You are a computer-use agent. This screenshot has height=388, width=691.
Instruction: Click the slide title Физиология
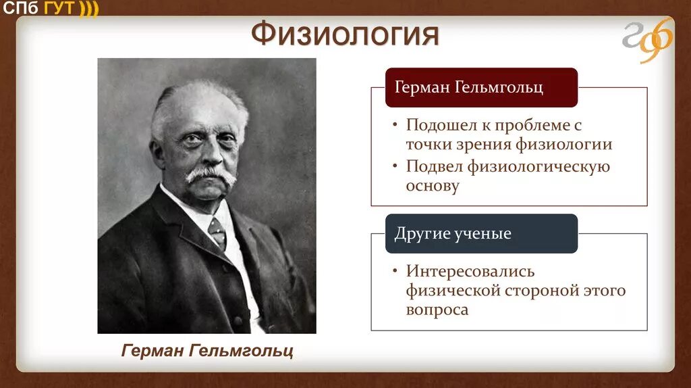pos(345,35)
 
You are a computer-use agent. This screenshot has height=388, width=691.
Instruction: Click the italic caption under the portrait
pos(207,351)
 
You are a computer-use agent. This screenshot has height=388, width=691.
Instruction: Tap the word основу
pos(433,186)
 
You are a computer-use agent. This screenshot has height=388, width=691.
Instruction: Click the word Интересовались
pos(470,272)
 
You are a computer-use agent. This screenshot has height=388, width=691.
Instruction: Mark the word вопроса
pos(437,310)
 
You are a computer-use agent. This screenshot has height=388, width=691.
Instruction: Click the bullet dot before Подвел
pos(395,167)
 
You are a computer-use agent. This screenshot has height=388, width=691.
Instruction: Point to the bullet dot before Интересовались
pos(395,272)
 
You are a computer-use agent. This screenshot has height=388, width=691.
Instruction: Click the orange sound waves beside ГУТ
pos(88,8)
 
